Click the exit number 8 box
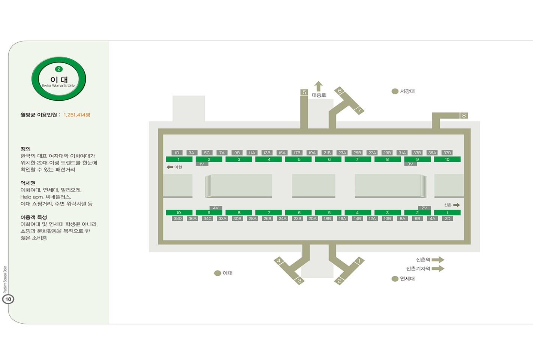point(464,115)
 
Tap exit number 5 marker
point(304,92)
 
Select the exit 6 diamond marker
point(340,91)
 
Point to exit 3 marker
point(299,281)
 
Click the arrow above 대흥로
point(318,86)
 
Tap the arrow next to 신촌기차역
point(438,269)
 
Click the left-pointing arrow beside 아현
point(170,167)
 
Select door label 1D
point(177,153)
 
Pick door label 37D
point(447,153)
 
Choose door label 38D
point(178,218)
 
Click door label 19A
point(312,153)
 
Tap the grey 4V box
point(216,208)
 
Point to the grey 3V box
point(410,164)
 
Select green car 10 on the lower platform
point(179,212)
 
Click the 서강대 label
point(407,91)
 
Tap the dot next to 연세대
point(395,279)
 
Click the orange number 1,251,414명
point(77,115)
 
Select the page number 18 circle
point(8,299)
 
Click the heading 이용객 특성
point(34,217)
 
